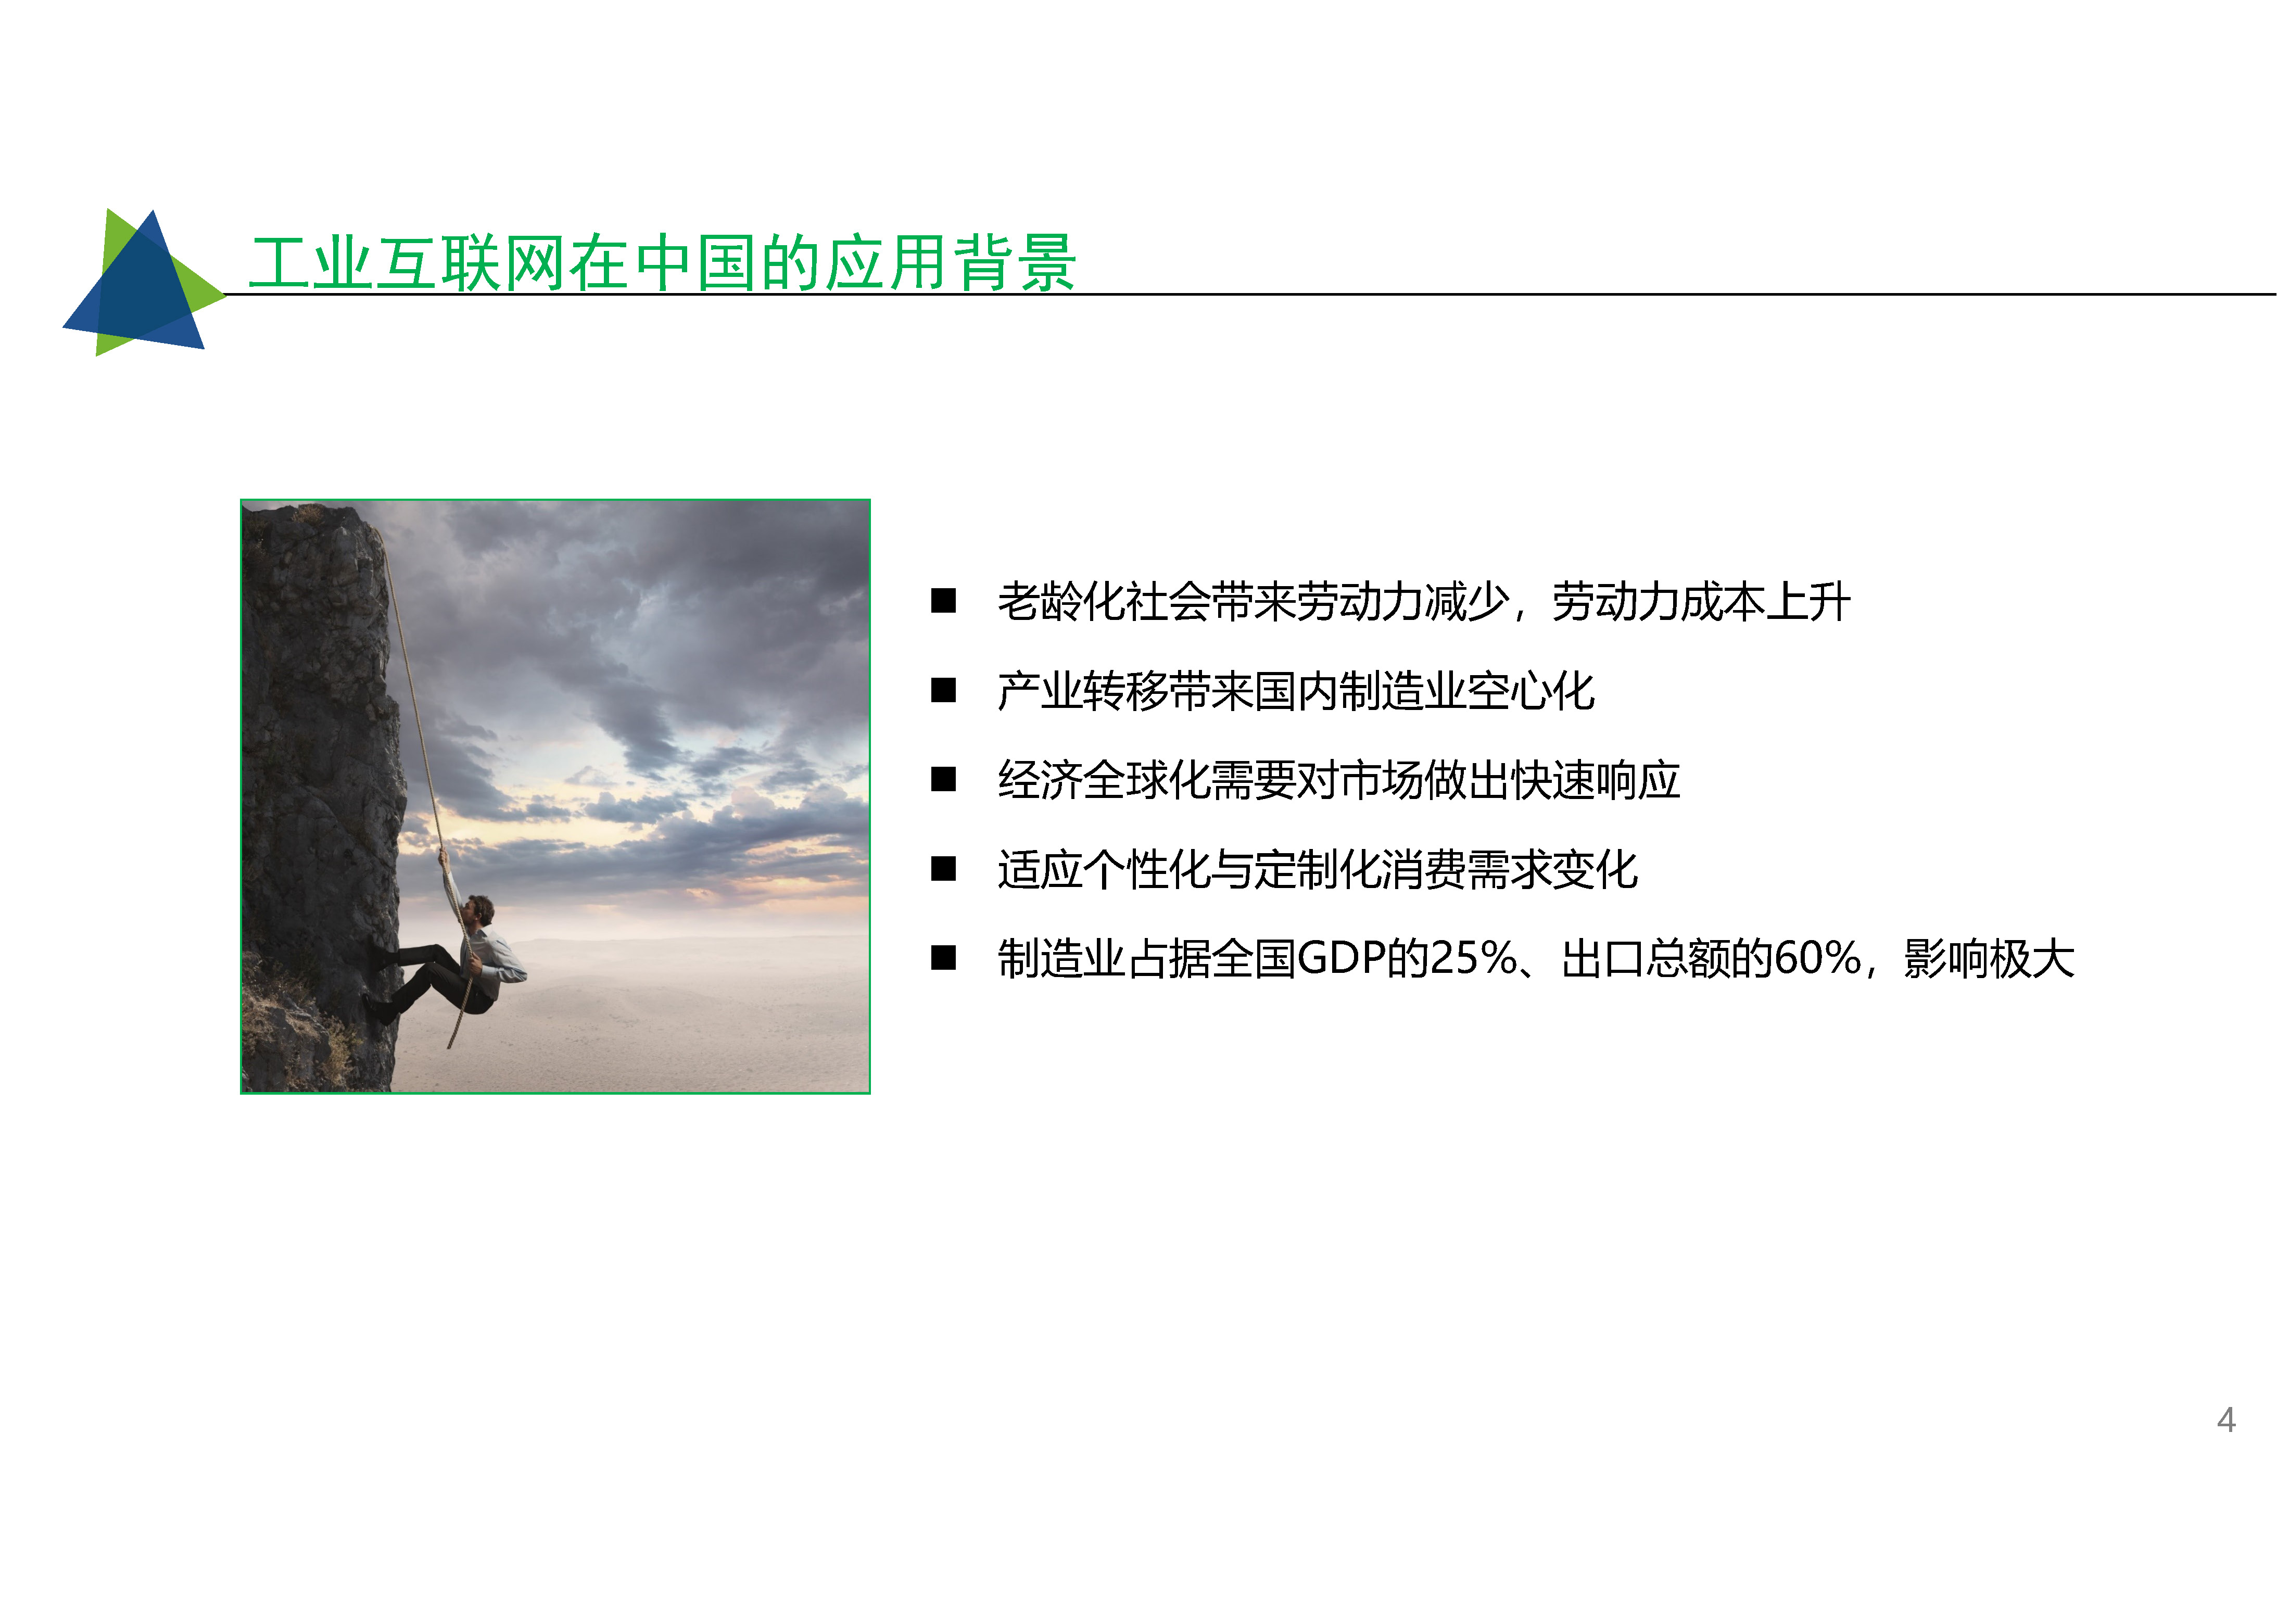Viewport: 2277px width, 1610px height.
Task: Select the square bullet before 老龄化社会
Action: pyautogui.click(x=943, y=601)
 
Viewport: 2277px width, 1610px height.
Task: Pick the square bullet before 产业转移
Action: pyautogui.click(x=943, y=691)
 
